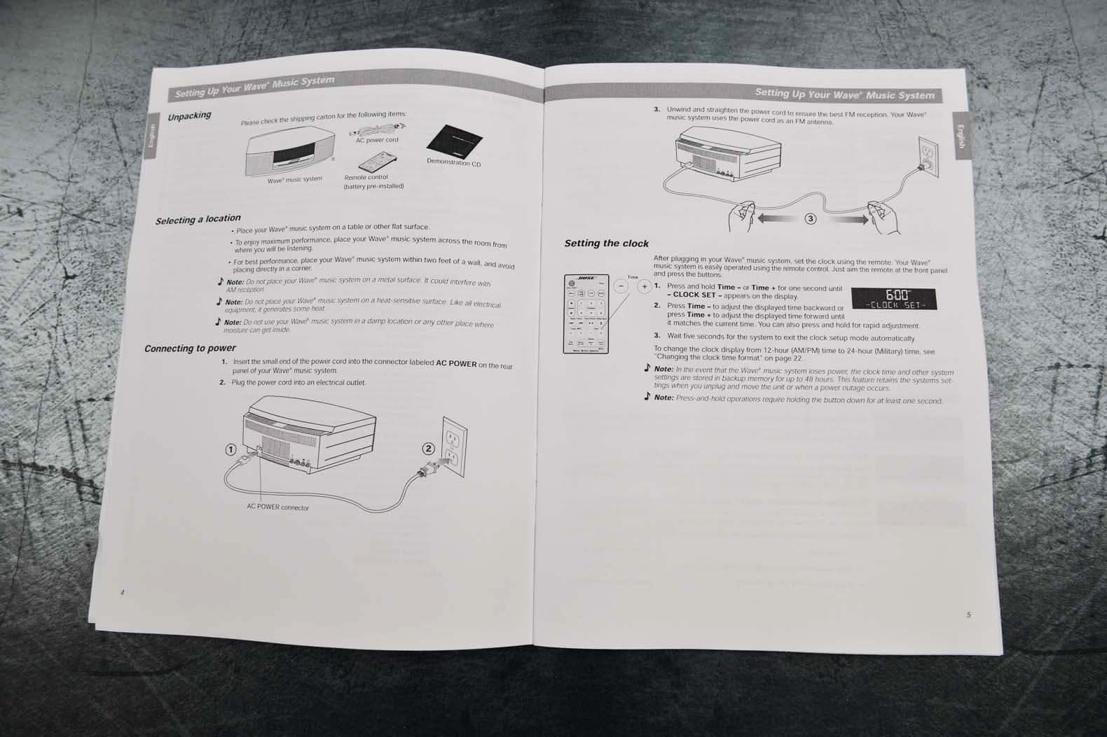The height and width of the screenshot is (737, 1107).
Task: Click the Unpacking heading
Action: (189, 116)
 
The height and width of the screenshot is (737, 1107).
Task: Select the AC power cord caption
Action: (377, 140)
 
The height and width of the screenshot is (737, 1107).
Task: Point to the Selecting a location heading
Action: (198, 219)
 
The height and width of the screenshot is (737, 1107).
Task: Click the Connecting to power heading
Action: (190, 348)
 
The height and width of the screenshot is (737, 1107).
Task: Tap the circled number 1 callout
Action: (230, 449)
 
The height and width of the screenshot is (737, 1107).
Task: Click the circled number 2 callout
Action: (429, 449)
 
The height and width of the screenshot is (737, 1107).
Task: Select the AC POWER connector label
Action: (277, 507)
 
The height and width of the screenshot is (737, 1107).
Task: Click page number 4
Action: (122, 592)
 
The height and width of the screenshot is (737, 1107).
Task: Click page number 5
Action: (969, 615)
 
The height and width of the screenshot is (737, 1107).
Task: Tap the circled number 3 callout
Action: (811, 218)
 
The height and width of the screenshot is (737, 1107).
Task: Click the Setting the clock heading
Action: (607, 244)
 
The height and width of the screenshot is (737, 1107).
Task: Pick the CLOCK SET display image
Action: (894, 299)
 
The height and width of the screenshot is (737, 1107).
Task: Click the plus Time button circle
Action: (644, 287)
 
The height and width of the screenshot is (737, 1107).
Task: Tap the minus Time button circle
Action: (621, 286)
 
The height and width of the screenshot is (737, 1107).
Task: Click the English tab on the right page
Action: (961, 135)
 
